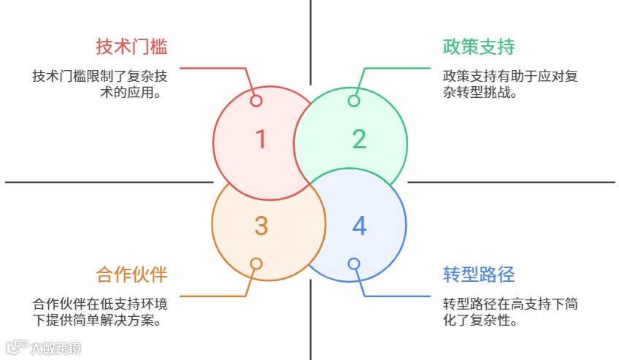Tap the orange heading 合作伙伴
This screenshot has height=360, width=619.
[x=131, y=275]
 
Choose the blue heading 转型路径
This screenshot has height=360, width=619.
[x=479, y=275]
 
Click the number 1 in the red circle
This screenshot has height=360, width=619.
[x=261, y=139]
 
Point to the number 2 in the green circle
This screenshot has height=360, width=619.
[x=359, y=139]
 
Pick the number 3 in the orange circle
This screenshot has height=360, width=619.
[x=261, y=226]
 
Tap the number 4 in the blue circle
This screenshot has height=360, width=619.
[x=359, y=226]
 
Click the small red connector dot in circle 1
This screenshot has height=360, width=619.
[x=256, y=101]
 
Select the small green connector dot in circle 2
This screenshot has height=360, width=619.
[x=354, y=101]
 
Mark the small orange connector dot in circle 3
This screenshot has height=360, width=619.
[x=256, y=264]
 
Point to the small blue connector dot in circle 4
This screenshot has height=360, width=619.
[x=354, y=264]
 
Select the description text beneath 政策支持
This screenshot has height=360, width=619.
[x=510, y=84]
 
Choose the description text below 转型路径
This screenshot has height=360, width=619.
[x=510, y=312]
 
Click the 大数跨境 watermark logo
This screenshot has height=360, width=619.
[x=44, y=348]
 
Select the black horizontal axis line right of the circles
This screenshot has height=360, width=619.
[x=511, y=182]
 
